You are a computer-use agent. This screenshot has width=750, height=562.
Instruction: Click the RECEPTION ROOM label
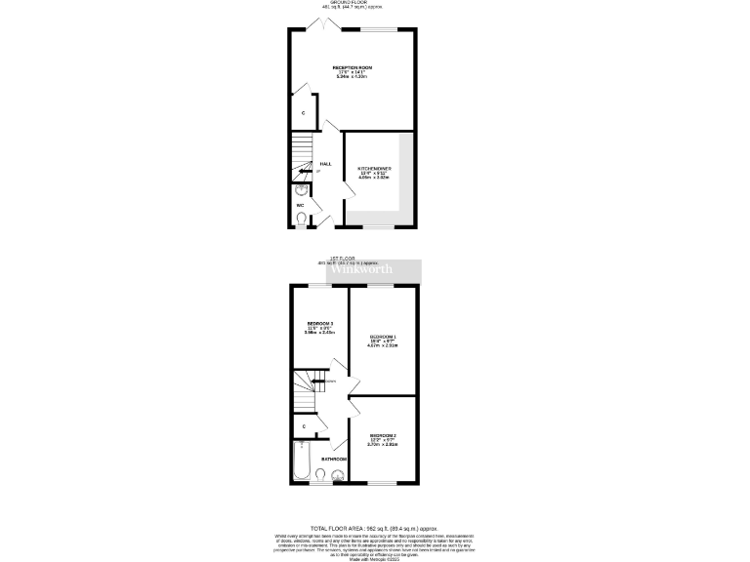click(353, 67)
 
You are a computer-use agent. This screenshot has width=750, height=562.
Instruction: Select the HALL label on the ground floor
click(325, 163)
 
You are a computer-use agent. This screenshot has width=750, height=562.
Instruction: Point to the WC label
click(300, 205)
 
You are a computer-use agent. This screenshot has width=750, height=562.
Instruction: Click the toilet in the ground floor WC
click(301, 220)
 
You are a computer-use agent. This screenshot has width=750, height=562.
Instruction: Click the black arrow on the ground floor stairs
click(304, 172)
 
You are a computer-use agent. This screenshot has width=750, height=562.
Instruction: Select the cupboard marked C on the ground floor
click(303, 113)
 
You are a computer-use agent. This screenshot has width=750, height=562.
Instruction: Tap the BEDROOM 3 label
click(320, 323)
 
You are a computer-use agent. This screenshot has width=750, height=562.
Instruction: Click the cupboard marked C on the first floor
click(305, 426)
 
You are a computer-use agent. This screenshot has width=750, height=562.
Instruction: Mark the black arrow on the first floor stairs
click(319, 381)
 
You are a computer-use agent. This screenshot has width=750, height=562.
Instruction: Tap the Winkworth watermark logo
click(375, 269)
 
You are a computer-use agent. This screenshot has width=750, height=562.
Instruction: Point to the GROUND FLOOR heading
click(354, 3)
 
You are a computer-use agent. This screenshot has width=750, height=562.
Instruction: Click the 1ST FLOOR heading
click(354, 258)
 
